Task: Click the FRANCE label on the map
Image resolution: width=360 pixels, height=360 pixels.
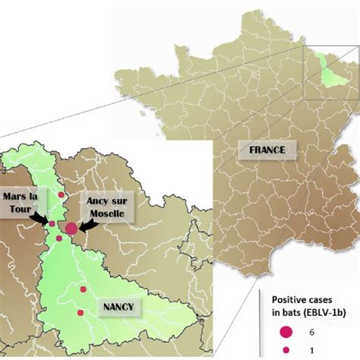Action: click(267, 150)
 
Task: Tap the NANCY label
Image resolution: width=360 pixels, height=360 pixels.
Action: click(116, 307)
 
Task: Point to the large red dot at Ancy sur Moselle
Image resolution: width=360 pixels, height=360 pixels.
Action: click(71, 228)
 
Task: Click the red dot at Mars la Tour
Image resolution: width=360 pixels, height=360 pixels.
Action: click(52, 223)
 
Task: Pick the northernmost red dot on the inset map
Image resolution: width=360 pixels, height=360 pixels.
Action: click(62, 195)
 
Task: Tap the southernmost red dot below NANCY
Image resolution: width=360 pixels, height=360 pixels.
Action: click(79, 313)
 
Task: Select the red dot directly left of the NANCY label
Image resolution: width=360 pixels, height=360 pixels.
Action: click(83, 289)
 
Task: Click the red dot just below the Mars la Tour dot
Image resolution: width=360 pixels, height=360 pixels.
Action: click(59, 238)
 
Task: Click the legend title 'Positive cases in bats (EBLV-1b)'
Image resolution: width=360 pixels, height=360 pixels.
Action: click(308, 304)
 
